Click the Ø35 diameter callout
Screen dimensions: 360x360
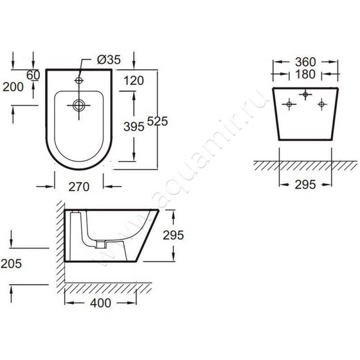109,60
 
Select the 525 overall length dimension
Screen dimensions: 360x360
157,121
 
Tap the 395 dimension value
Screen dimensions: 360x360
134,126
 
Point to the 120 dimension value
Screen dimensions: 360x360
134,81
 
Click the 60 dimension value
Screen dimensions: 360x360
33,75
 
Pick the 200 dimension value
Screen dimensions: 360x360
13,87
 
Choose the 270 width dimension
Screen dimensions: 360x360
79,187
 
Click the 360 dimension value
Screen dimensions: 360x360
306,62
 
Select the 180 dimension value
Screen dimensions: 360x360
305,74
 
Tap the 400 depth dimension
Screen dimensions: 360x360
100,303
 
